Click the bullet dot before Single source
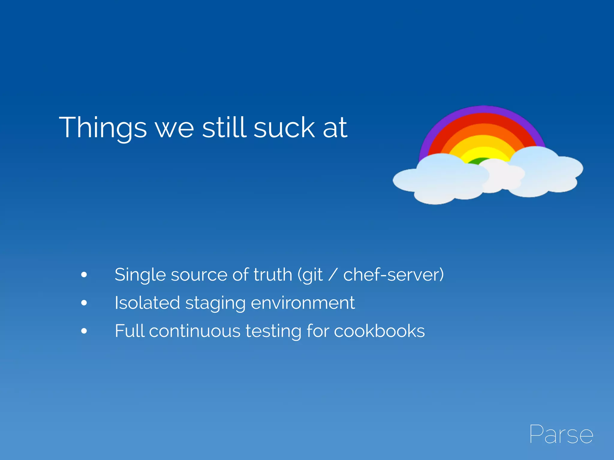tap(84, 274)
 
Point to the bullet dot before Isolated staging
tap(84, 303)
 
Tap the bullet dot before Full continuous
tap(84, 331)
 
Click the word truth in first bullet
tap(273, 274)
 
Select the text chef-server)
tap(393, 274)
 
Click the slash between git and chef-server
tap(333, 275)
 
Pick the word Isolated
tap(147, 302)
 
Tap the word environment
tap(303, 302)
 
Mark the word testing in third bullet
tap(273, 331)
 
